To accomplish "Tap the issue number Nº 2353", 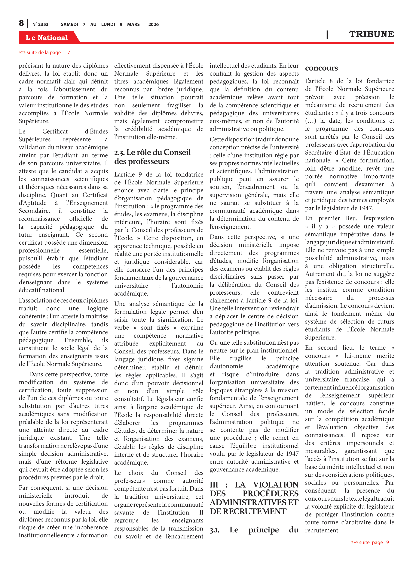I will coord(40,24).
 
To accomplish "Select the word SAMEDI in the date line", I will coord(69,24).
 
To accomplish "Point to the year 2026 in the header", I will coord(154,24).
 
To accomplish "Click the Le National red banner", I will coord(47,38).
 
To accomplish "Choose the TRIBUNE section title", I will coord(372,34).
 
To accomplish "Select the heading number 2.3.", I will coord(120,152).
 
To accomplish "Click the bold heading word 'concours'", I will coord(321,68).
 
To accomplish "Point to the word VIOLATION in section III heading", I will coord(276,485).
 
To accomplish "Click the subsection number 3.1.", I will coord(215,530).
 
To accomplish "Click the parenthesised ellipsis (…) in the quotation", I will coord(311,121).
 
